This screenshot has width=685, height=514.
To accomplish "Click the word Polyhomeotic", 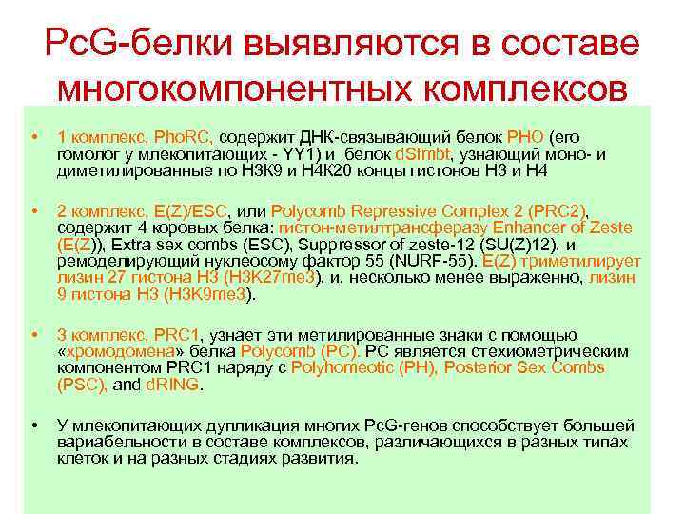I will click(x=336, y=368).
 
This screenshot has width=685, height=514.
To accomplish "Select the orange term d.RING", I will click(x=173, y=385).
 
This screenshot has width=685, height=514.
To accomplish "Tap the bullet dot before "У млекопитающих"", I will click(x=34, y=423).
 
